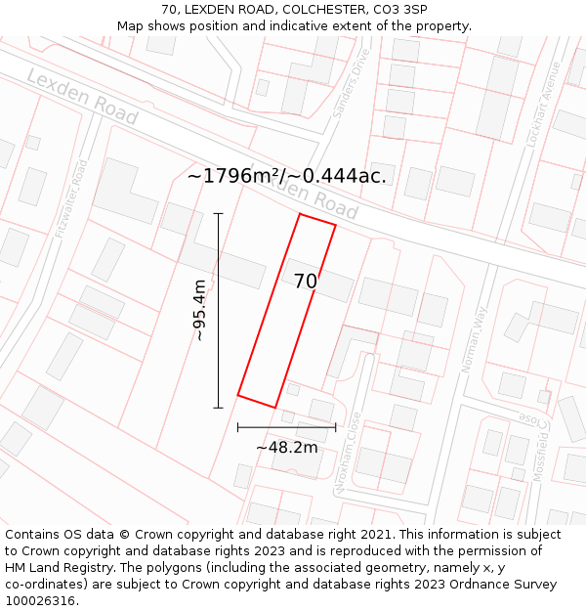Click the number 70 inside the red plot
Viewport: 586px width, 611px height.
coord(306,282)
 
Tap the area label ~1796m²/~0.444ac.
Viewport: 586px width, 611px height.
coord(286,176)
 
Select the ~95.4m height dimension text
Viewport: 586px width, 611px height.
coord(199,311)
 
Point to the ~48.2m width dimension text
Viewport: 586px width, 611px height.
coord(287,447)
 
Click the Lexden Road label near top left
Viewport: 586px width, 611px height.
coord(82,97)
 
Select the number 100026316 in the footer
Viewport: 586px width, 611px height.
coord(42,600)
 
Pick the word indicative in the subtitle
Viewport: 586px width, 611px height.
coord(302,25)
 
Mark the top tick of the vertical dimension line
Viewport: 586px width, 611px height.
coord(218,213)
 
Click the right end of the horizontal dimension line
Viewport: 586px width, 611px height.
coord(335,427)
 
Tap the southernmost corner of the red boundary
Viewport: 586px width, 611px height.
coord(274,407)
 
